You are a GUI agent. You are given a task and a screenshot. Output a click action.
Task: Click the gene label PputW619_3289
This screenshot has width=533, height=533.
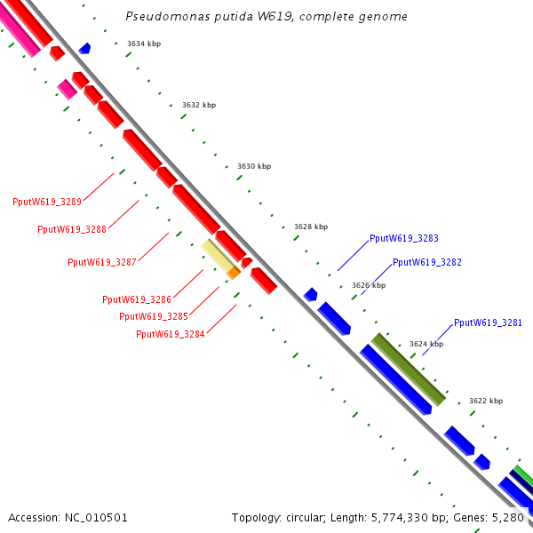click(47, 202)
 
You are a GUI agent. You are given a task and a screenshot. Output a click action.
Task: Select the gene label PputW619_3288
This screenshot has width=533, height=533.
click(72, 229)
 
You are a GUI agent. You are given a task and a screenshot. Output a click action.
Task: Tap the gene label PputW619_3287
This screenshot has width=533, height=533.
click(102, 262)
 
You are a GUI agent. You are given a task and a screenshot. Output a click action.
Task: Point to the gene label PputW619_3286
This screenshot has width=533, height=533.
click(137, 299)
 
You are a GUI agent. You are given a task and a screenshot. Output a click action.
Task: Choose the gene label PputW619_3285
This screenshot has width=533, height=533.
click(154, 316)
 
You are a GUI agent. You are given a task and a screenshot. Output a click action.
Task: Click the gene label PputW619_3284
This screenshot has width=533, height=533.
click(171, 334)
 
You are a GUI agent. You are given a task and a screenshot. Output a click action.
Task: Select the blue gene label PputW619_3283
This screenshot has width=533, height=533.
click(404, 238)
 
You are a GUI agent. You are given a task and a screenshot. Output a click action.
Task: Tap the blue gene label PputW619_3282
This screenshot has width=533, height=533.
click(427, 262)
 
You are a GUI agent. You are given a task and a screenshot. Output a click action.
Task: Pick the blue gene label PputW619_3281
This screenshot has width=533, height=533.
click(488, 322)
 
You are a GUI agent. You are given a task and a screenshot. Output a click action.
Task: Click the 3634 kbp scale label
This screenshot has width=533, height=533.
click(144, 44)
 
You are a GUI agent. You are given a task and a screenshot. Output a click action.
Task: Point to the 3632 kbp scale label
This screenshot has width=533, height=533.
click(199, 105)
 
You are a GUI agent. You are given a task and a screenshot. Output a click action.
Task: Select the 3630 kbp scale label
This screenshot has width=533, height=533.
click(254, 166)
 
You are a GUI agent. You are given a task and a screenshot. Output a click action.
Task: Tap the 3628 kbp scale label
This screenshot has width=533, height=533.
click(311, 227)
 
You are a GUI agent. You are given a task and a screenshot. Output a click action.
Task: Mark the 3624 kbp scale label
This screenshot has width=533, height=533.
click(426, 344)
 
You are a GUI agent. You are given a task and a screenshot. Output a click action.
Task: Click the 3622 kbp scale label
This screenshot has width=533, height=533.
click(486, 401)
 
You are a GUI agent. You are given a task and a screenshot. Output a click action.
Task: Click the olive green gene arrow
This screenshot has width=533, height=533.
click(409, 370)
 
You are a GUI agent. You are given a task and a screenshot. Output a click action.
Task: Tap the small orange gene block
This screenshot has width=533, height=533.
click(234, 274)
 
